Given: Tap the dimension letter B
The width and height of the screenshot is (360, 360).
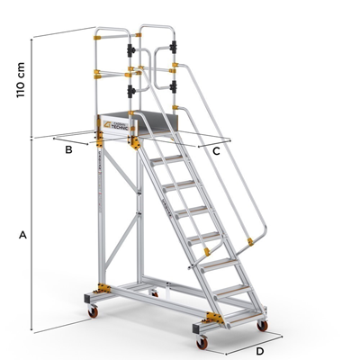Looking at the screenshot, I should [x=68, y=149].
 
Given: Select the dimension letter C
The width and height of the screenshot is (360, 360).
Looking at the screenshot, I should [x=216, y=151].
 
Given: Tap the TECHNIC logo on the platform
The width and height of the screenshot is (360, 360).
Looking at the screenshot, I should [x=119, y=129].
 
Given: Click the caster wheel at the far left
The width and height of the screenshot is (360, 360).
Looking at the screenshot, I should [x=92, y=311].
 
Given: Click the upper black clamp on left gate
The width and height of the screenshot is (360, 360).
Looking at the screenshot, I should [x=133, y=48].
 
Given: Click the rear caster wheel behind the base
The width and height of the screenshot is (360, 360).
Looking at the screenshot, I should [x=155, y=293].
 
